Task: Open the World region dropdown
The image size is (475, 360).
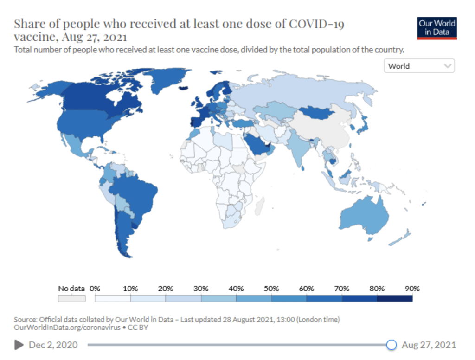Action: (x=419, y=66)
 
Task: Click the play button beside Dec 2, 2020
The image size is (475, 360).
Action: (x=19, y=345)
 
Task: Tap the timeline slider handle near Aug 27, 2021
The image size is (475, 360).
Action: (x=392, y=345)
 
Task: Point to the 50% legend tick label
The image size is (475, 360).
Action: (x=271, y=289)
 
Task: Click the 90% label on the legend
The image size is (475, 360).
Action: (x=412, y=289)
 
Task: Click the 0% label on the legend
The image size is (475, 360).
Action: (x=95, y=289)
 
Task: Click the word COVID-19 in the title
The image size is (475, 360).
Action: (x=316, y=24)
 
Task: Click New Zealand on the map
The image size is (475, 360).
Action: (x=401, y=237)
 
